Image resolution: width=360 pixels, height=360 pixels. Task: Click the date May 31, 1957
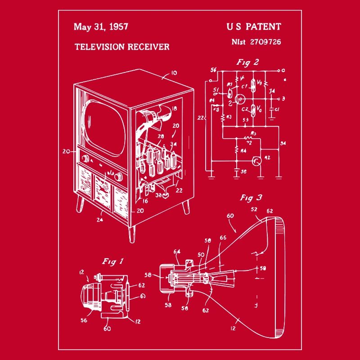point(101,27)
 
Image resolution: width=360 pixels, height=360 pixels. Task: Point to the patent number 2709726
point(265,42)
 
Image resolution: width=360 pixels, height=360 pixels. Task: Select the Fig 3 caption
point(251,198)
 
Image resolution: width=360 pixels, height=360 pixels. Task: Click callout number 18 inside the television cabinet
point(174,109)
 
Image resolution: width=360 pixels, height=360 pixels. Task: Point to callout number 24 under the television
point(99,220)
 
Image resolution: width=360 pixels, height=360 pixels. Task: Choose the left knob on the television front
point(85,158)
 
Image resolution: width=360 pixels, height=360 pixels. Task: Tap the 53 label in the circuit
point(246,120)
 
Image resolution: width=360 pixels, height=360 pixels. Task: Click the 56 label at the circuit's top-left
point(213,70)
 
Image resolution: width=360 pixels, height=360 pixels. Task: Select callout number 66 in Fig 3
point(223,238)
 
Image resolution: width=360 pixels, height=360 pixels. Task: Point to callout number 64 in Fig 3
point(176,252)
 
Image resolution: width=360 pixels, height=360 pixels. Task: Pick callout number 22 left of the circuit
point(201,118)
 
